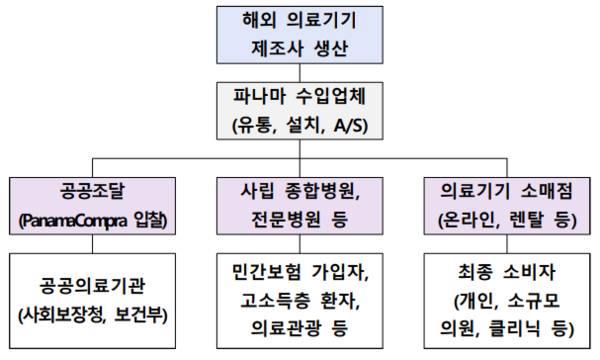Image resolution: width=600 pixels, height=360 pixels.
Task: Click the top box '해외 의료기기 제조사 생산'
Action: (x=299, y=34)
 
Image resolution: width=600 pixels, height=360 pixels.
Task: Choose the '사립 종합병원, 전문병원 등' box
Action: (x=299, y=205)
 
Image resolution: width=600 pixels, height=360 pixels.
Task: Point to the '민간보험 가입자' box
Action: (x=299, y=297)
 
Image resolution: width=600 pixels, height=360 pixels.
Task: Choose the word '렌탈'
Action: (x=515, y=218)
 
